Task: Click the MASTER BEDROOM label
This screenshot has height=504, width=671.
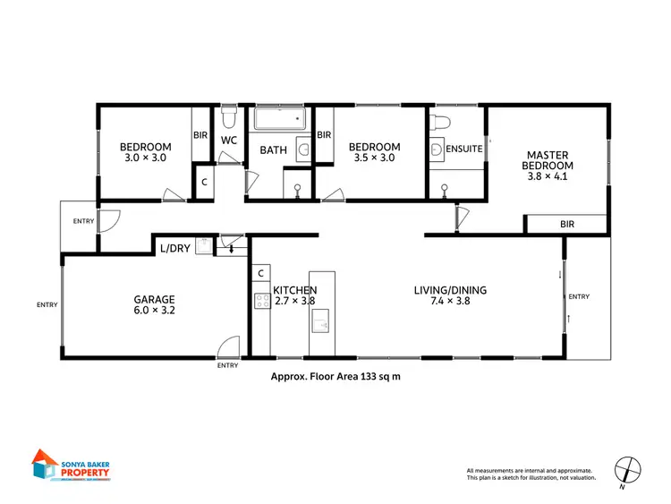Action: coord(548,159)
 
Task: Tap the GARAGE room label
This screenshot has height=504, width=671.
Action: coord(154,299)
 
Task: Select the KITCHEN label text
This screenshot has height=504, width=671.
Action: coord(294,290)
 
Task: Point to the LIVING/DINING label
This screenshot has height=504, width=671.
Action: coord(450,290)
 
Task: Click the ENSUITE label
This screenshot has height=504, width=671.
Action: coord(464,149)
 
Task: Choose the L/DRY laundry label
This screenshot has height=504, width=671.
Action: coord(174,248)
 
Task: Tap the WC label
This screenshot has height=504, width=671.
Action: coord(228,141)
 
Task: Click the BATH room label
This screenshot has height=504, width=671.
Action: coord(273,149)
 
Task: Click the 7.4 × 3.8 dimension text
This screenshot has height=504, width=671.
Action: coord(450,302)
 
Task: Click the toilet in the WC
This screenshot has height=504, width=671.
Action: coord(229,118)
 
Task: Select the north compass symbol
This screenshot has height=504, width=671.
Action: coord(629,469)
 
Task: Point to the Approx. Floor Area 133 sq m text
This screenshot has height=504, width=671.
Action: coord(335,377)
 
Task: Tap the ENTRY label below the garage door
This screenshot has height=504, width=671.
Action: coord(227,365)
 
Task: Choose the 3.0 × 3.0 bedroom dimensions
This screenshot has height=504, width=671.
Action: coord(144,158)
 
